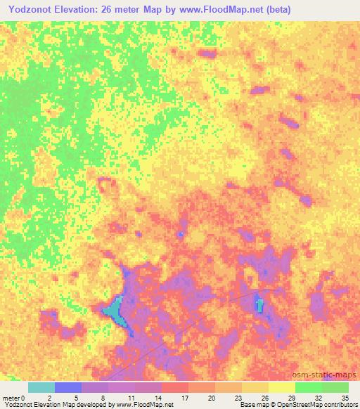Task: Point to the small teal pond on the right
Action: tap(259, 305)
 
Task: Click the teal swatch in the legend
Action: tap(41, 387)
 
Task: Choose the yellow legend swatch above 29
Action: tap(281, 387)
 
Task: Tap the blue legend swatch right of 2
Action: tap(68, 387)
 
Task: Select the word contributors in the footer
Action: tap(341, 405)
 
